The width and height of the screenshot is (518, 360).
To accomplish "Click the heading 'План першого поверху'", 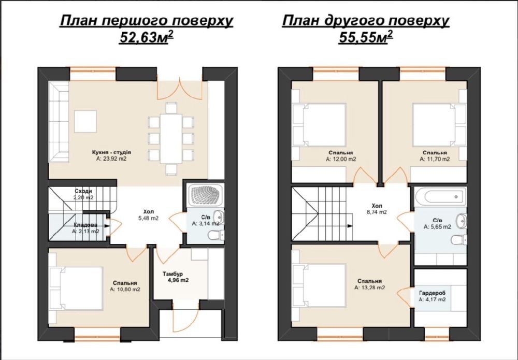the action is tap(147, 21).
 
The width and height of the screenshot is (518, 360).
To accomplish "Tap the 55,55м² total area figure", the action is tap(366, 37).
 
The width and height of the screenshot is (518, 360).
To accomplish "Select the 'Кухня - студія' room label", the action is tap(112, 153).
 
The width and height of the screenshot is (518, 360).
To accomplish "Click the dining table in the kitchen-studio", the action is tap(171, 138).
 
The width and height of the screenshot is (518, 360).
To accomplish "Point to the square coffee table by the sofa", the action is tap(85, 122).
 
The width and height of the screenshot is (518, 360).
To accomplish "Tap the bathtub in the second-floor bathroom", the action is tap(441, 196).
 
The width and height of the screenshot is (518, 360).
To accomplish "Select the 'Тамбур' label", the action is tap(172, 274).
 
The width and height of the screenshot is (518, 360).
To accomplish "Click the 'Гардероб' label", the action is tap(432, 293).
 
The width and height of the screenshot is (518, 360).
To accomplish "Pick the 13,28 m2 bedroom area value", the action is tap(369, 287).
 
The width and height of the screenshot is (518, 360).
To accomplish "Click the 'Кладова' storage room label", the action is tap(85, 225).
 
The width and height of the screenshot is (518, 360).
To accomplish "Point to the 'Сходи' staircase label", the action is tap(83, 191).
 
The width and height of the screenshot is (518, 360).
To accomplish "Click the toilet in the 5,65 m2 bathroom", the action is tap(458, 239).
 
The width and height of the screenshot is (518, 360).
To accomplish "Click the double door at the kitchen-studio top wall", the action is tap(179, 89).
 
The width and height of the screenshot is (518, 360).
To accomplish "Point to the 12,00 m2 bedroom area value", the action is tap(341, 159).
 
